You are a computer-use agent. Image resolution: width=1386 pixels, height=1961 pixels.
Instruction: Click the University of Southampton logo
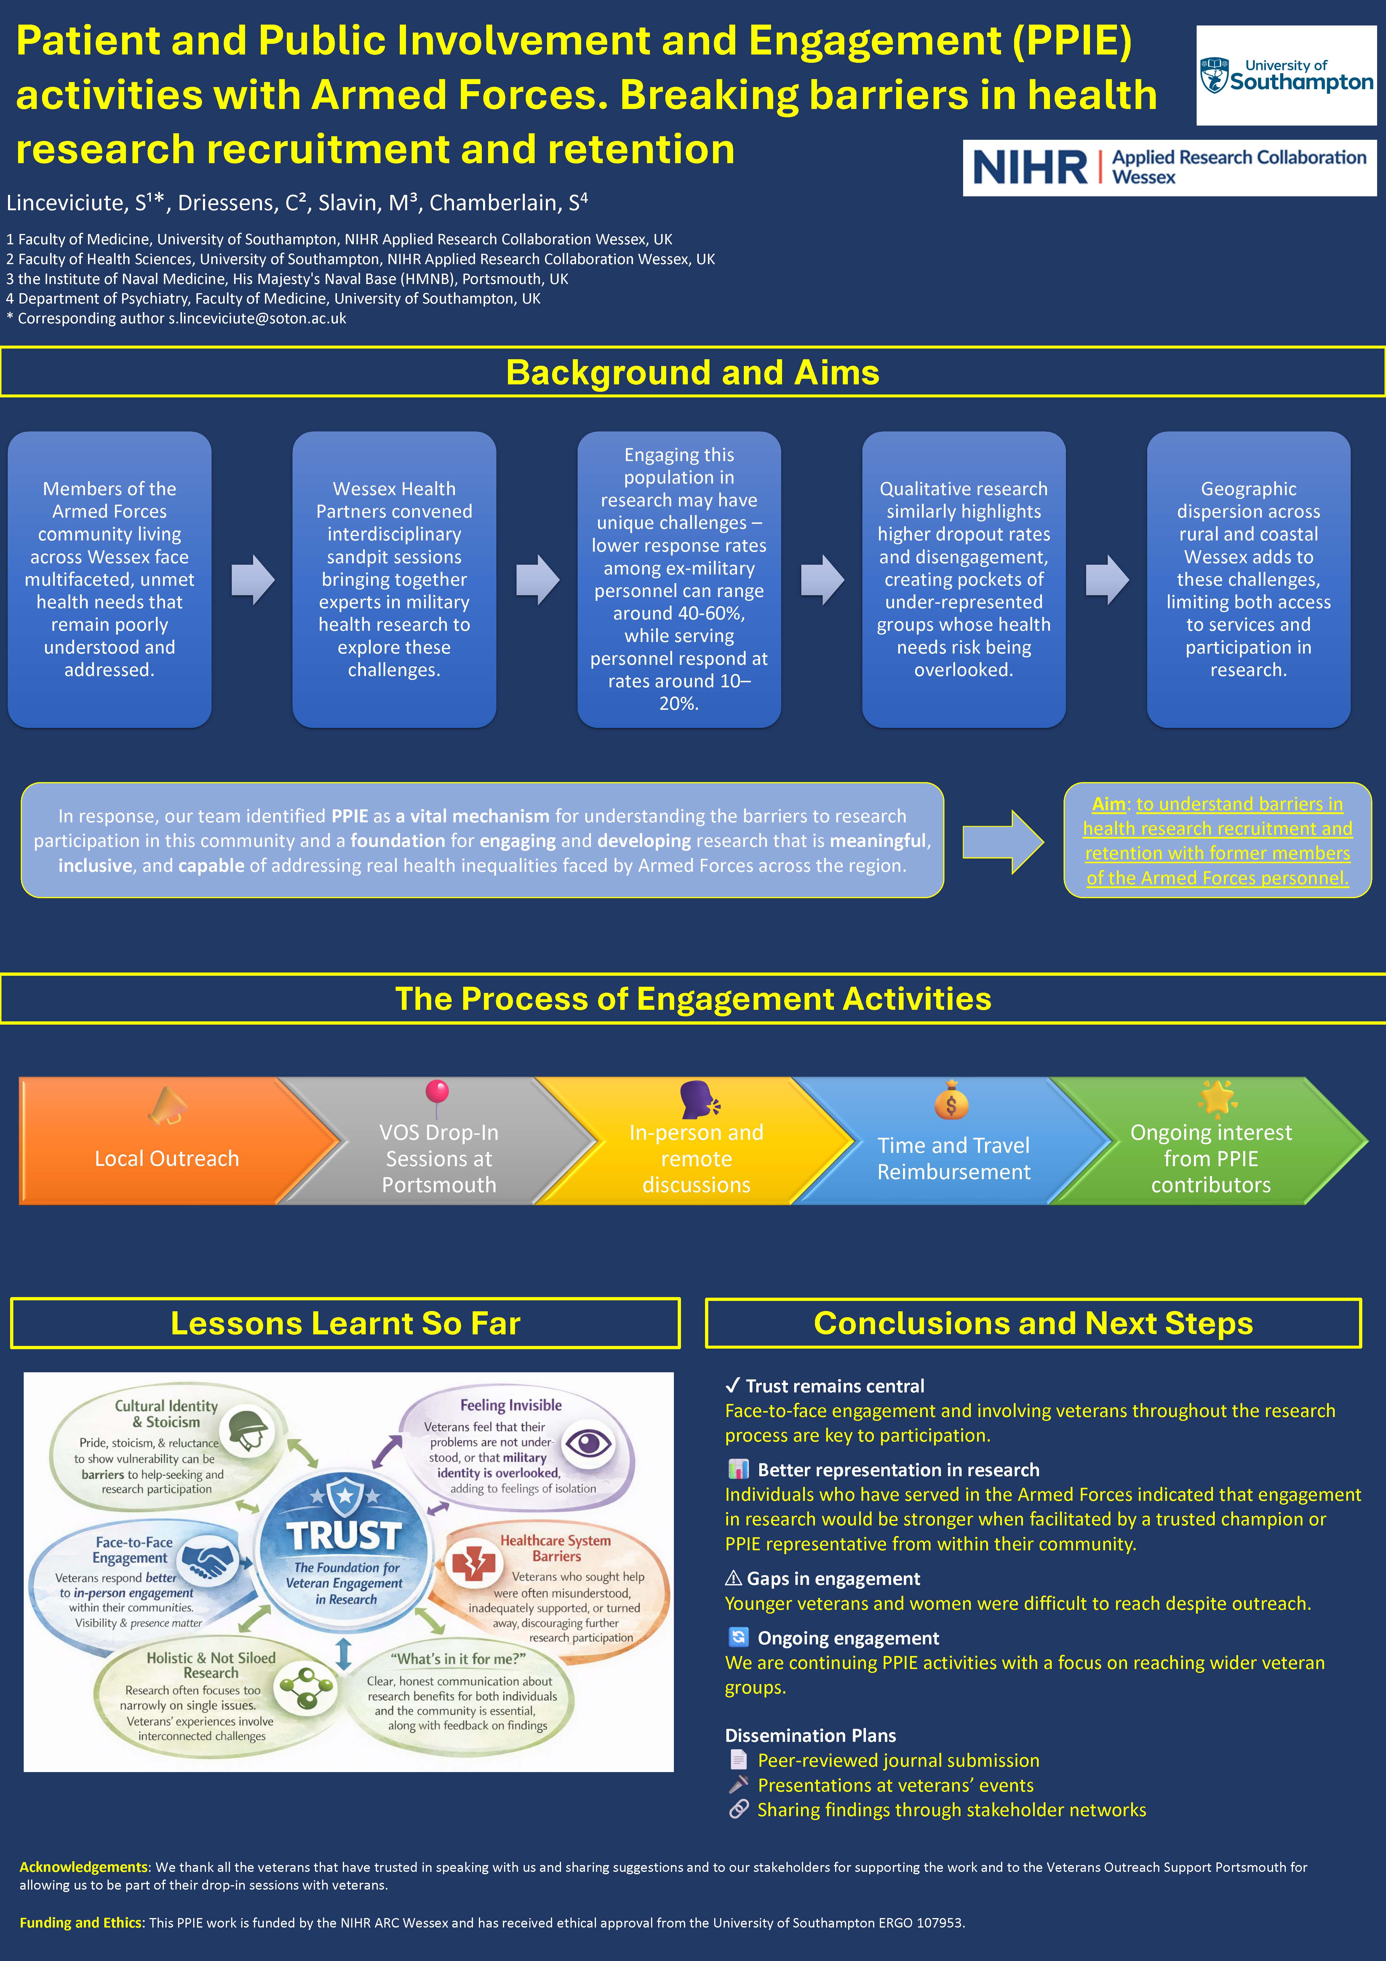point(1286,75)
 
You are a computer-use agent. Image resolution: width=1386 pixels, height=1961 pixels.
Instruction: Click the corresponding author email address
point(257,319)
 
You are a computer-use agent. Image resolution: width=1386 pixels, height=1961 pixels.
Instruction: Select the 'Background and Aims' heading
point(692,372)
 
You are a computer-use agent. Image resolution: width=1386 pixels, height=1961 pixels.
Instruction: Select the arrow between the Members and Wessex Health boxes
point(253,580)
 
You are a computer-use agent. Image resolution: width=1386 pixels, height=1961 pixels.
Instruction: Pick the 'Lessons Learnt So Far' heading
point(345,1323)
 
